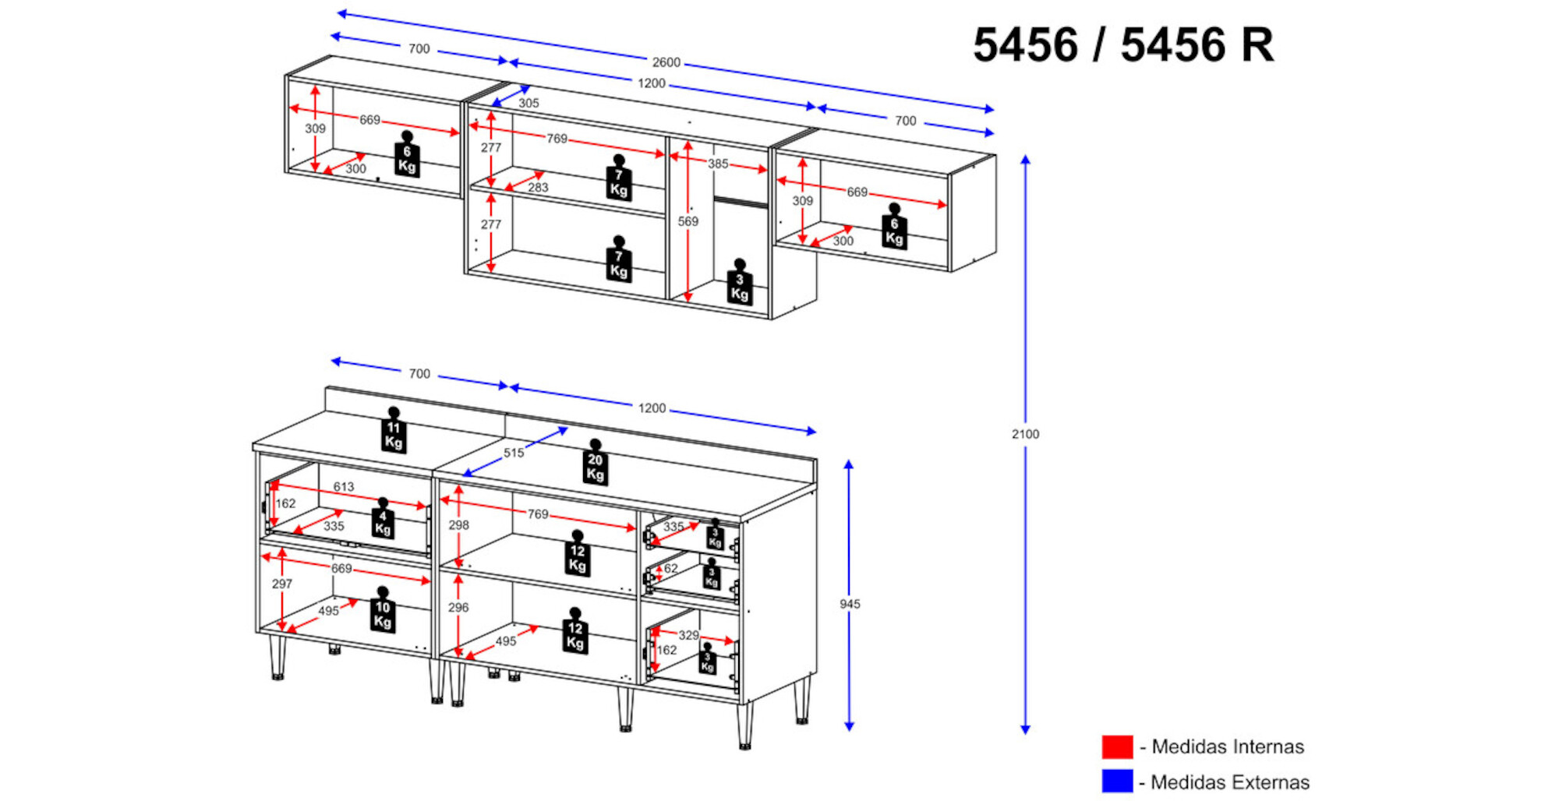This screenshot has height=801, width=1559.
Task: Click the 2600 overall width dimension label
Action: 666,62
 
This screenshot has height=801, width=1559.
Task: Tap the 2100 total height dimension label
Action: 1025,434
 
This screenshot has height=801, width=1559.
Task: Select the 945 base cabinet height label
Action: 850,604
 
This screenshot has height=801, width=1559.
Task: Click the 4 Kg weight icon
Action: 382,519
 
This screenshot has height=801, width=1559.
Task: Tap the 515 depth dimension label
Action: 514,453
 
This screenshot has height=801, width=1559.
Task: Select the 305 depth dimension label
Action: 529,103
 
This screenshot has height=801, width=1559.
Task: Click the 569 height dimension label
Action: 688,221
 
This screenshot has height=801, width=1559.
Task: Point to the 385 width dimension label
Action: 718,164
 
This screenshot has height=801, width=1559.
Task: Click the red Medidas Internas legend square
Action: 1117,746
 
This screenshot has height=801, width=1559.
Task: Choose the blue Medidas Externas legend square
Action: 1117,781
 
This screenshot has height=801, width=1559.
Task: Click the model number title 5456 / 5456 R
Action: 1123,45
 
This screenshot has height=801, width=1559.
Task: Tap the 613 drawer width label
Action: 344,486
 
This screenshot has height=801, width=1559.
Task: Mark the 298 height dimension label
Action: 458,525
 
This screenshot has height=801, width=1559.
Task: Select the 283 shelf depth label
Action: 538,188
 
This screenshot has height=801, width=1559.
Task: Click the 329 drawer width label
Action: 688,635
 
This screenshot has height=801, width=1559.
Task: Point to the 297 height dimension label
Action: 282,584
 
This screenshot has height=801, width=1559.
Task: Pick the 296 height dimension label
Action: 458,607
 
